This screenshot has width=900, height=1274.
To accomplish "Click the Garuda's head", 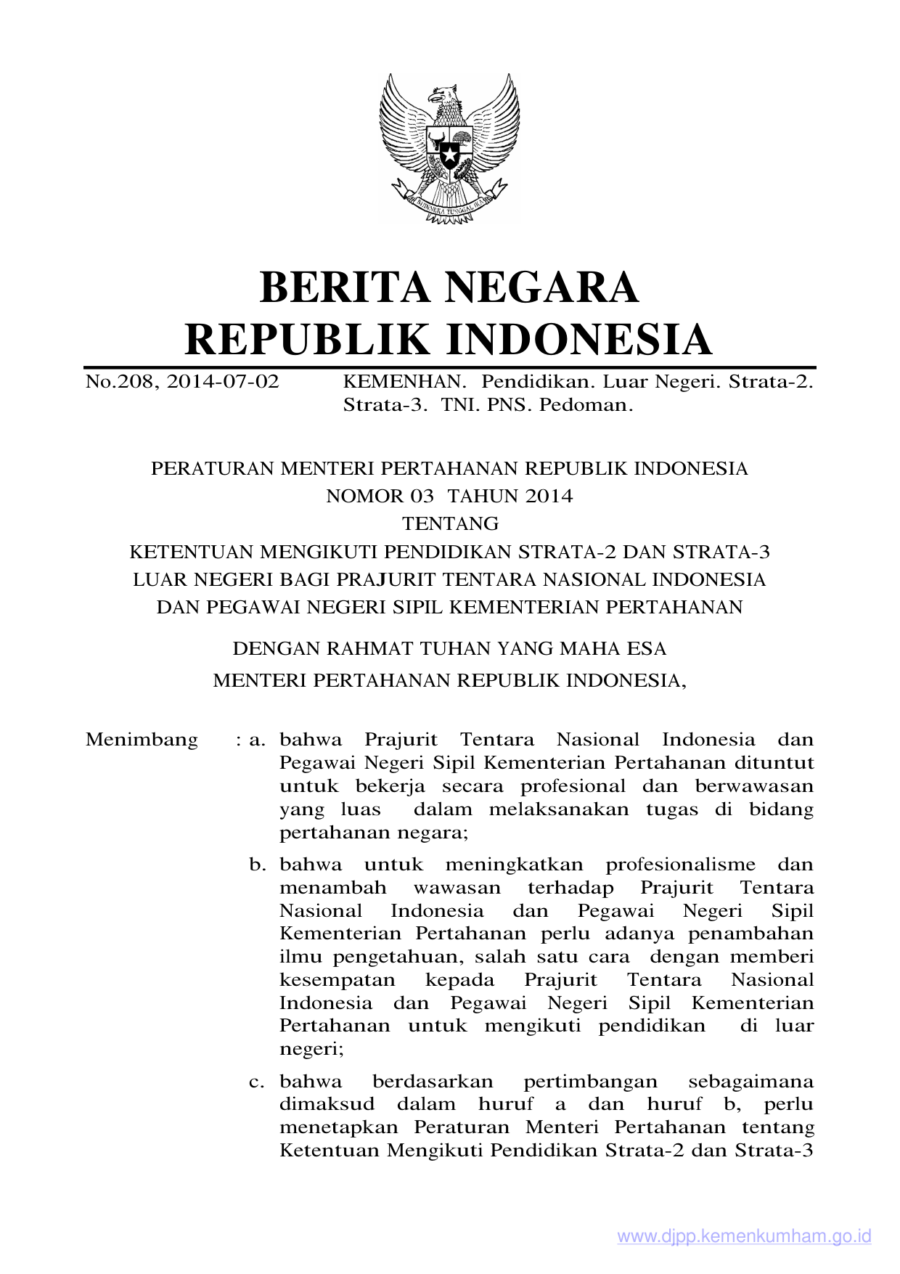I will [445, 95].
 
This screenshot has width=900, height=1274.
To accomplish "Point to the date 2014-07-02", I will [223, 382].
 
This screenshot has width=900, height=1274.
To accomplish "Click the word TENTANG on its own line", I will [450, 524].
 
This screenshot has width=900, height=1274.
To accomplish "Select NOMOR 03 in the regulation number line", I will [379, 497].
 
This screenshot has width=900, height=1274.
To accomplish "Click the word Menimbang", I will [142, 740].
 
